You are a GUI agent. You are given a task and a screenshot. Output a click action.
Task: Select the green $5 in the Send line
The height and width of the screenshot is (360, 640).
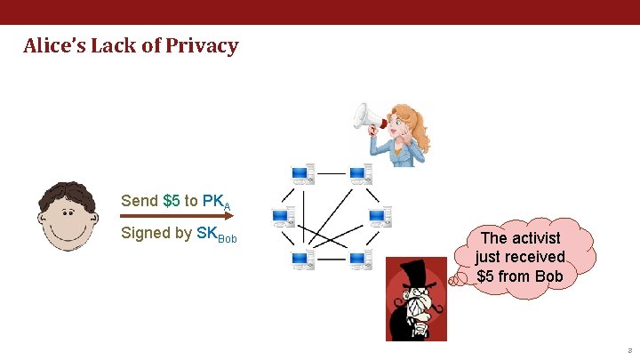(172, 200)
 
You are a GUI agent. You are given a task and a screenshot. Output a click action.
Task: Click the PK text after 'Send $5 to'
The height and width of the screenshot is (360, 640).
(213, 200)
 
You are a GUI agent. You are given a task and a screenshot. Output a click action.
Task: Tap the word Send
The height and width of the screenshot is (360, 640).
(140, 200)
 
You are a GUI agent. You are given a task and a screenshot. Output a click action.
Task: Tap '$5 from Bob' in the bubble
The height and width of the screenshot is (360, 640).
(520, 276)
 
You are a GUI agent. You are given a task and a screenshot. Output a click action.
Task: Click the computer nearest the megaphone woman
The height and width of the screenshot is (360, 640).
(360, 173)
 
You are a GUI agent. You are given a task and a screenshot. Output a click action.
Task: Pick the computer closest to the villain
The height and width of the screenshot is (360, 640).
(360, 260)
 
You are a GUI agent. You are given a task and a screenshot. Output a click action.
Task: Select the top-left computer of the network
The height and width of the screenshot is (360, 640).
(302, 173)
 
